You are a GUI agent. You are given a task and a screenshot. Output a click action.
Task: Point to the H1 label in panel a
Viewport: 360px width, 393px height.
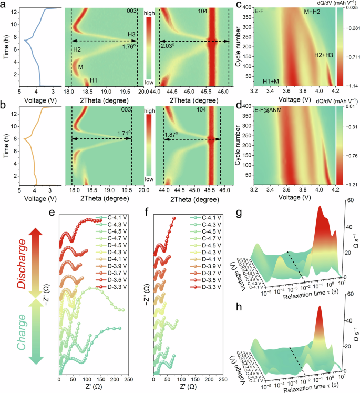93,80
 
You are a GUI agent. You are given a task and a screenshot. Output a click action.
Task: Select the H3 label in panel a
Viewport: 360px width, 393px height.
131,34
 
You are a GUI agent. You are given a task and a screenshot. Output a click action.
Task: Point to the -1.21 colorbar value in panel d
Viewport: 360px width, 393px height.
351,186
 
